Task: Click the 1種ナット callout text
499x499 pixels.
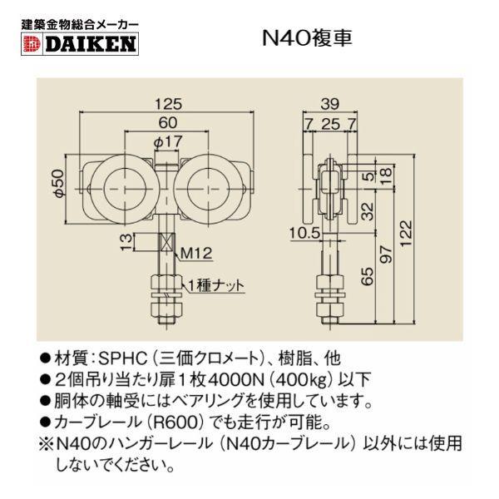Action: (218, 284)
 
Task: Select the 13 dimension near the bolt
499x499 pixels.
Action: (124, 244)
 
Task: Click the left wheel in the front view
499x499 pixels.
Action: (122, 186)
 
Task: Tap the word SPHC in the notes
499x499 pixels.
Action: (121, 359)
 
